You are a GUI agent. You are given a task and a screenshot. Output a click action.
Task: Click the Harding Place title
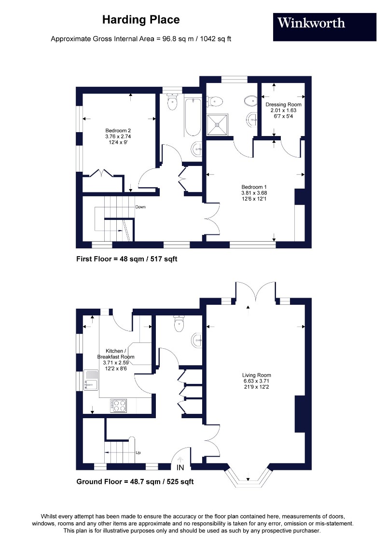(141, 20)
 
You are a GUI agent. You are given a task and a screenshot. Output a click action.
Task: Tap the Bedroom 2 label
(119, 136)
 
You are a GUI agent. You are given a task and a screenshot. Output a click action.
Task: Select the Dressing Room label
(283, 110)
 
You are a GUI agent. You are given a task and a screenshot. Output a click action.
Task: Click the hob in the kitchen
(119, 405)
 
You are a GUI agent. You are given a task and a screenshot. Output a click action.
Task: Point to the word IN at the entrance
(180, 468)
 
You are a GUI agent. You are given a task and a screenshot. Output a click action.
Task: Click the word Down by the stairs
(140, 207)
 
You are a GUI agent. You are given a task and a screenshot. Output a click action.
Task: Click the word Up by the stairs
(138, 453)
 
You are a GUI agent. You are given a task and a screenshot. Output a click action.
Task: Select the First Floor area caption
(127, 259)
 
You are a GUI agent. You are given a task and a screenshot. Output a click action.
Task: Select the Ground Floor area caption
(135, 481)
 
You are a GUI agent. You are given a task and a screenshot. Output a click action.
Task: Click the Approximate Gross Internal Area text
(141, 39)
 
